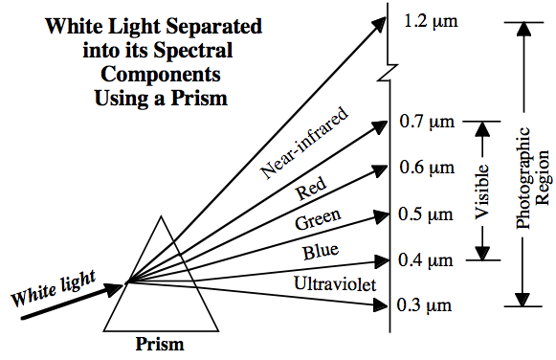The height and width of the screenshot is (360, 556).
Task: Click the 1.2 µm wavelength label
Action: click(x=434, y=20)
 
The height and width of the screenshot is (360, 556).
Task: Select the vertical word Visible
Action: click(x=485, y=191)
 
